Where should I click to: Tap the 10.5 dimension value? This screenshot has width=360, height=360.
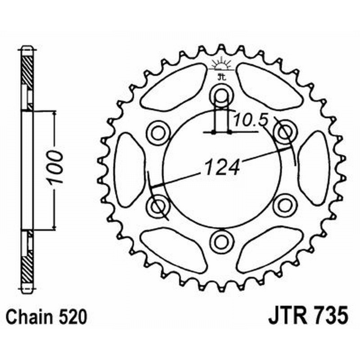251,120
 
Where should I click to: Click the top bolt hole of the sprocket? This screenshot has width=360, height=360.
221,95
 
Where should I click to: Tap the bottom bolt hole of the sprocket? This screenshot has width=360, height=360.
221,241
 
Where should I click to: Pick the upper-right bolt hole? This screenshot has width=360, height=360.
284,132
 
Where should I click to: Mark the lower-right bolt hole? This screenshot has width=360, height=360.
284,205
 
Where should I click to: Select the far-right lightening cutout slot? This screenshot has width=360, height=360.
314,169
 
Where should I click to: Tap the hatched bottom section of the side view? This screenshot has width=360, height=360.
27,265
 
